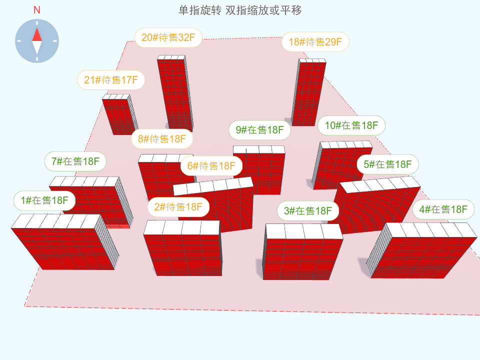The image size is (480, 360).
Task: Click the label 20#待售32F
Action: (x=168, y=37)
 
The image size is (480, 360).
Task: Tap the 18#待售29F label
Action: (x=315, y=42)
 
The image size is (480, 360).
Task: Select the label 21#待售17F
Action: (x=111, y=80)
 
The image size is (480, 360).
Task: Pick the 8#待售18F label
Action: (x=162, y=138)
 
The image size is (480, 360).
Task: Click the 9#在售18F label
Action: (x=259, y=130)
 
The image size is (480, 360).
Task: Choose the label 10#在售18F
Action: (x=351, y=125)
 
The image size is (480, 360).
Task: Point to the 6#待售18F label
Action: (x=211, y=165)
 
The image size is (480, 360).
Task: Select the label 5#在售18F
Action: (x=387, y=164)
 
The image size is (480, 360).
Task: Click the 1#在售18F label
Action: (x=44, y=200)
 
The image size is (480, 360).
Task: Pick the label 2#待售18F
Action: (x=178, y=206)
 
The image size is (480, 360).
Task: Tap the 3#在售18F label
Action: (x=308, y=210)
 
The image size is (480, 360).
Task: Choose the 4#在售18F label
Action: (x=443, y=209)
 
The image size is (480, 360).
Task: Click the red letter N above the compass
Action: (x=37, y=10)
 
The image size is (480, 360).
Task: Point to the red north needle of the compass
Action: (x=37, y=34)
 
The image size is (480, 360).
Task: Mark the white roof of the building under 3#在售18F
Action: (x=303, y=231)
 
